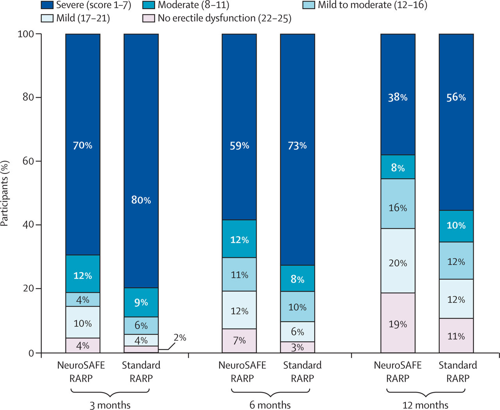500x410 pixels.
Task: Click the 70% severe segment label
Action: point(82,146)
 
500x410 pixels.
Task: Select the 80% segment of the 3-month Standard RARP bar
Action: point(141,200)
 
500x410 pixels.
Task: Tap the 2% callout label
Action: point(180,338)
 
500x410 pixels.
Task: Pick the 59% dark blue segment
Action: point(239,146)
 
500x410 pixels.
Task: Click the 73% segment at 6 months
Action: point(297,146)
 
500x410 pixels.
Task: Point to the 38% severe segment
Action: point(398,97)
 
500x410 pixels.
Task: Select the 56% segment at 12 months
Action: point(456,97)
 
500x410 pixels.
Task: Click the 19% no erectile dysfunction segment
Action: point(398,324)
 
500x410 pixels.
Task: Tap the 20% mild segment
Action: point(398,263)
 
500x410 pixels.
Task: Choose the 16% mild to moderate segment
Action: point(398,208)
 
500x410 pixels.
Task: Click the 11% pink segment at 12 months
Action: point(456,336)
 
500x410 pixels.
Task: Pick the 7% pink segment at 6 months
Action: point(239,340)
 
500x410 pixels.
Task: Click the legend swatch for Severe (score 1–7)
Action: point(47,5)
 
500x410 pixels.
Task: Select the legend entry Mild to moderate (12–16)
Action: point(372,5)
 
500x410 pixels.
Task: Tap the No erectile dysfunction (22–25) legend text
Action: point(224,18)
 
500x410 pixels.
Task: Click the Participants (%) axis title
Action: point(5,193)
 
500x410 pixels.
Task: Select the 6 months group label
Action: point(270,405)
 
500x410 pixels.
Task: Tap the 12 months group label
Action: point(425,405)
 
